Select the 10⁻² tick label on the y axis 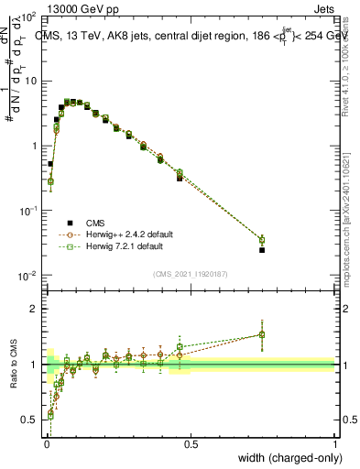[x=27, y=276]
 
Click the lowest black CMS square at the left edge [x=50, y=164]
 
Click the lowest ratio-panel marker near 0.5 [x=50, y=414]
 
